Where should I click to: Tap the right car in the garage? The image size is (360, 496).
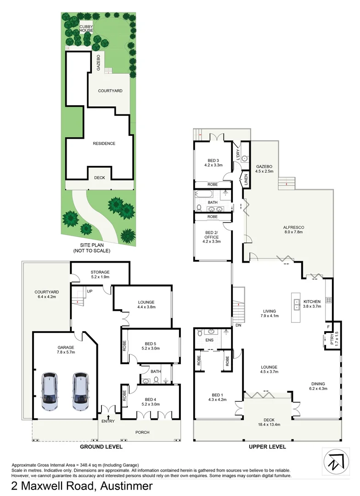pos(81,391)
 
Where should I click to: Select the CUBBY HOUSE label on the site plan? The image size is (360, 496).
pos(86,28)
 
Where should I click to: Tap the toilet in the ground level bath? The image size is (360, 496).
pos(156,379)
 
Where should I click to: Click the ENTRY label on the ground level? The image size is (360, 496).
pos(108,421)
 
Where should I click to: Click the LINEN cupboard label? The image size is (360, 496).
pos(246,180)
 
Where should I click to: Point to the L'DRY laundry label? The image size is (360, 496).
pos(238,154)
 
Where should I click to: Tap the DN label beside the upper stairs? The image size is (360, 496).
pos(238,325)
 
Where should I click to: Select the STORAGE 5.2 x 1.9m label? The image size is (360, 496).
pos(100,275)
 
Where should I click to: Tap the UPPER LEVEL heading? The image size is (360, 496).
pos(267,446)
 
